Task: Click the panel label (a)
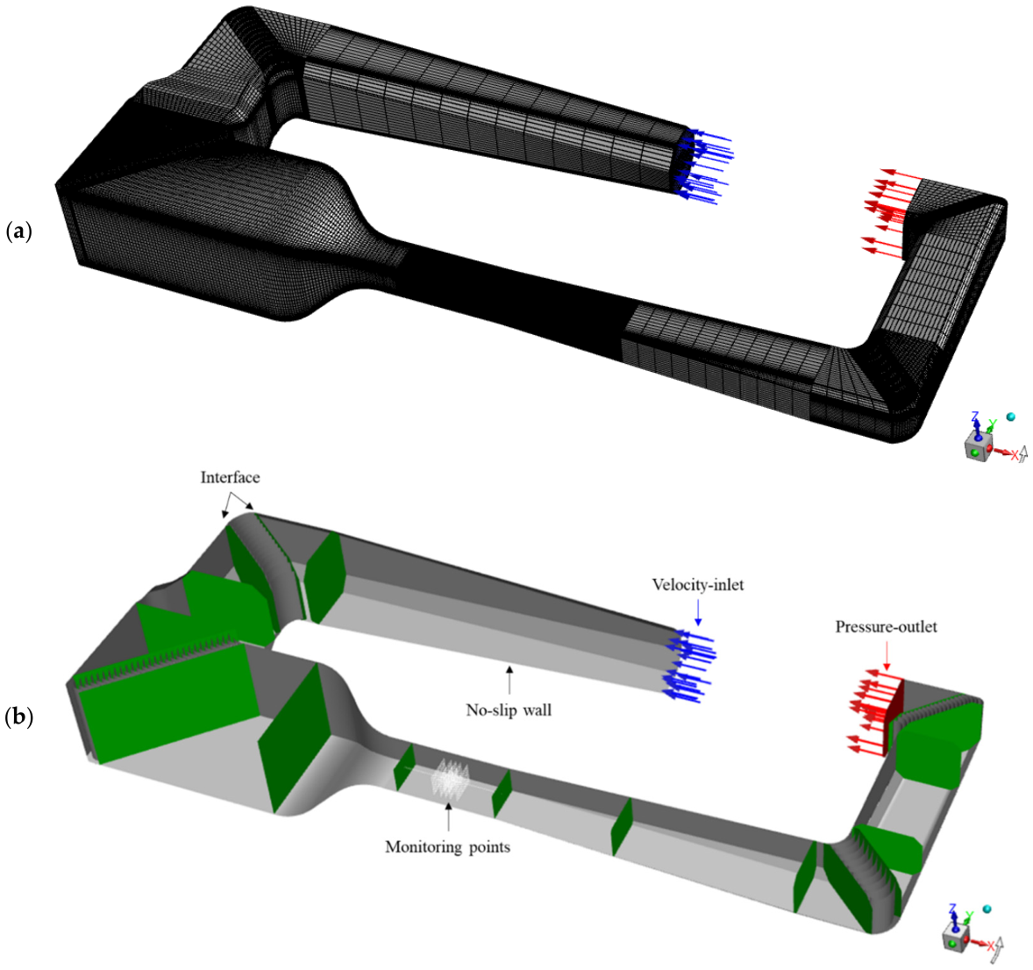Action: (18, 232)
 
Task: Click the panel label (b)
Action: (19, 717)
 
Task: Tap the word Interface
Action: (230, 477)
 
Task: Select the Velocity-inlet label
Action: (698, 584)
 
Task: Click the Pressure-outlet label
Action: (886, 627)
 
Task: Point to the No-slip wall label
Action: (509, 710)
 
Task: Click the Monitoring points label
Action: (447, 846)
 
